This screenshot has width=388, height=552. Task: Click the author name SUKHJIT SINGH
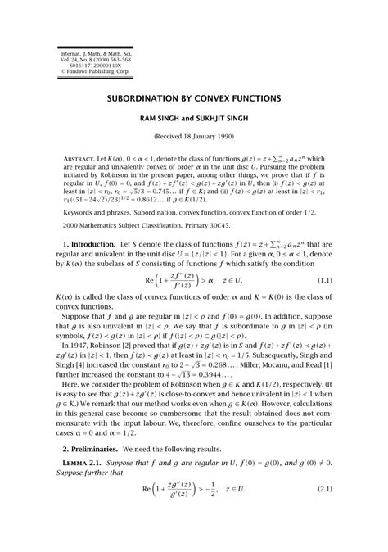click(x=228, y=117)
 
